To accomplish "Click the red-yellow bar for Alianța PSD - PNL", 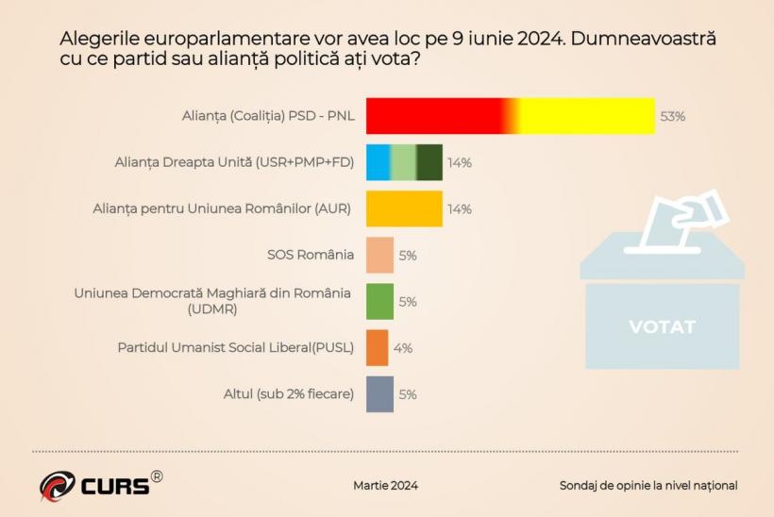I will click(510, 116).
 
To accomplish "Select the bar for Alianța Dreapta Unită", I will click(404, 162).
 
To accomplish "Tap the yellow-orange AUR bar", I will click(404, 208).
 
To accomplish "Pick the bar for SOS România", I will click(379, 255).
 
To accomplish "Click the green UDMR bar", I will click(379, 301).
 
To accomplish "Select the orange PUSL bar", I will click(377, 347).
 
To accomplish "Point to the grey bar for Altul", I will click(379, 393).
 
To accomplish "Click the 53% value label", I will click(672, 117).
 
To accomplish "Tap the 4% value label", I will click(403, 348).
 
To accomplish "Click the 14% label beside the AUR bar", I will click(460, 209).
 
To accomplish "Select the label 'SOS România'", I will click(311, 255).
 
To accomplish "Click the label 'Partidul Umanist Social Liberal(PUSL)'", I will click(235, 347).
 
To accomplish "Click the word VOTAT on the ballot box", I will click(662, 327).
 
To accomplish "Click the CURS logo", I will click(99, 484).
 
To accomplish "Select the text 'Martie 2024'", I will click(385, 485).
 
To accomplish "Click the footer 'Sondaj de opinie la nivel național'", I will click(648, 485).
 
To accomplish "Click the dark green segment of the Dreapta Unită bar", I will click(429, 162).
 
